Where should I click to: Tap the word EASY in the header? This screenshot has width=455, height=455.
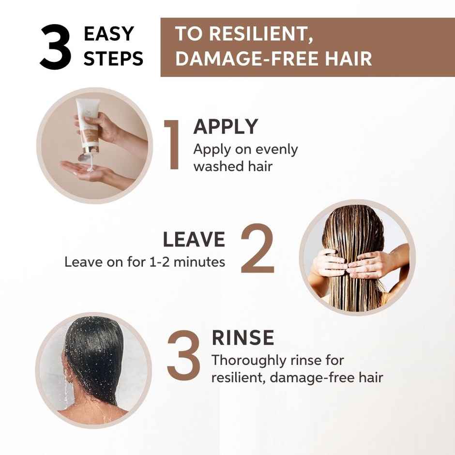coord(109,34)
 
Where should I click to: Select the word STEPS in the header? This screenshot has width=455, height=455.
coord(114,59)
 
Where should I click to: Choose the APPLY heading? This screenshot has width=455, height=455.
coord(226,127)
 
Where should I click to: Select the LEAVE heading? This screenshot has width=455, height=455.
coord(194,240)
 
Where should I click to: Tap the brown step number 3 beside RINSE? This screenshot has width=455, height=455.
coord(183,356)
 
